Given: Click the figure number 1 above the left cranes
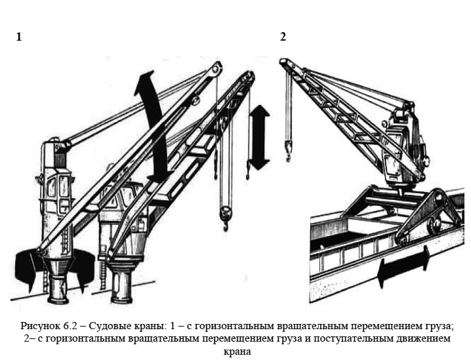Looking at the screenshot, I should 19,37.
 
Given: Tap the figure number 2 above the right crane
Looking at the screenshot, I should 283,37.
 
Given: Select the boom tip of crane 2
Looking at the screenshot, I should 284,63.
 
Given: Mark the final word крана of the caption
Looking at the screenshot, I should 236,351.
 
